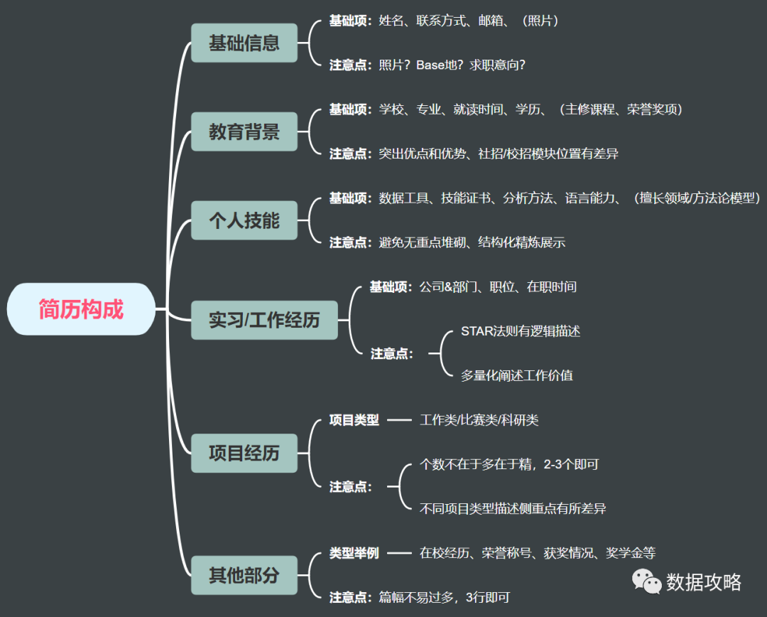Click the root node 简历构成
pos(81,309)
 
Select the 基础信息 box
pos(244,43)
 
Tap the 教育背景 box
pos(244,132)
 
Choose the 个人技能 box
pos(244,220)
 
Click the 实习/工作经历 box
pos(264,320)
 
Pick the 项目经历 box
pos(244,453)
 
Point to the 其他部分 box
pos(244,575)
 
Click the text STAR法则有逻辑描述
pos(521,331)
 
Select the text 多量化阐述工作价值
pos(516,375)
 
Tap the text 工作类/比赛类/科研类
pos(479,420)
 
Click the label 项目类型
pos(354,420)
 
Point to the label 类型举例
pos(354,553)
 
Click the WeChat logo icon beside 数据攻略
pos(647,582)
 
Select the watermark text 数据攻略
pos(703,582)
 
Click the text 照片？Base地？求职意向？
pos(452,65)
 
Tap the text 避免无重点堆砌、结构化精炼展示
pos(472,242)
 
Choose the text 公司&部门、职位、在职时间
pos(497,287)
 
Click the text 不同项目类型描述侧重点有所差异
pos(513,508)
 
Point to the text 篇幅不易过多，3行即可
pos(444,597)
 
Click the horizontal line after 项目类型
pos(399,420)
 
